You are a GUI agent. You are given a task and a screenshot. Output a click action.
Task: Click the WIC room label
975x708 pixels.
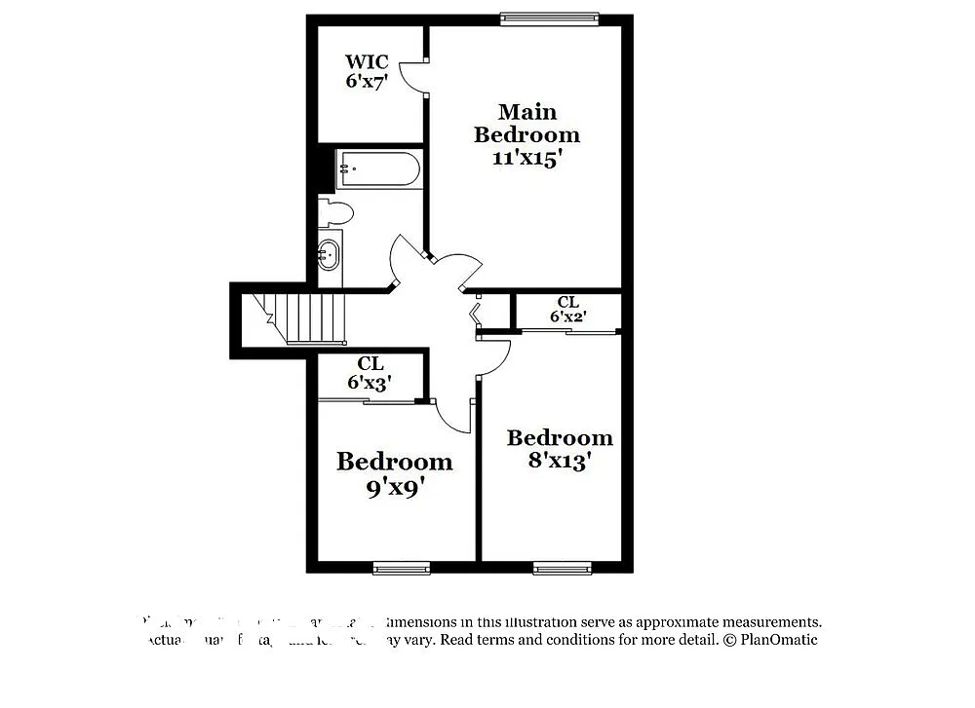pos(367,62)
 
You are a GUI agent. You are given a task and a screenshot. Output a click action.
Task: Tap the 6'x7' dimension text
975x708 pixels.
pos(367,81)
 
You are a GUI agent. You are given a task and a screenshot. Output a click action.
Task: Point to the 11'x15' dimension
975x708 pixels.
pos(526,159)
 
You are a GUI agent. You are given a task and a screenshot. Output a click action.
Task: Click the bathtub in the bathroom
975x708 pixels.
pos(378,170)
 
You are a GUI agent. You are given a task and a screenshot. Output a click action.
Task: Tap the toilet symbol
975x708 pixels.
pos(335,211)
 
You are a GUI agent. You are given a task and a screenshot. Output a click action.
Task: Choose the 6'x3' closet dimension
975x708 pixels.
pos(370,383)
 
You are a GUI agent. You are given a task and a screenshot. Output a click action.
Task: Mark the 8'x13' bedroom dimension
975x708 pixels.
pos(560,461)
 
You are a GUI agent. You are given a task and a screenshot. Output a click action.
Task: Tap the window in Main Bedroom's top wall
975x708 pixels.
pos(549,18)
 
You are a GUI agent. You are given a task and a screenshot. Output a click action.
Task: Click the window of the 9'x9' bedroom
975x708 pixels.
pos(402,568)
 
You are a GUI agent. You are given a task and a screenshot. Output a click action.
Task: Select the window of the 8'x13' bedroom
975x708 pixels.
pos(562,568)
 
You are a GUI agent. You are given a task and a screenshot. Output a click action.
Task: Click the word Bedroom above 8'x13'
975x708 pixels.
pos(560,438)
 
